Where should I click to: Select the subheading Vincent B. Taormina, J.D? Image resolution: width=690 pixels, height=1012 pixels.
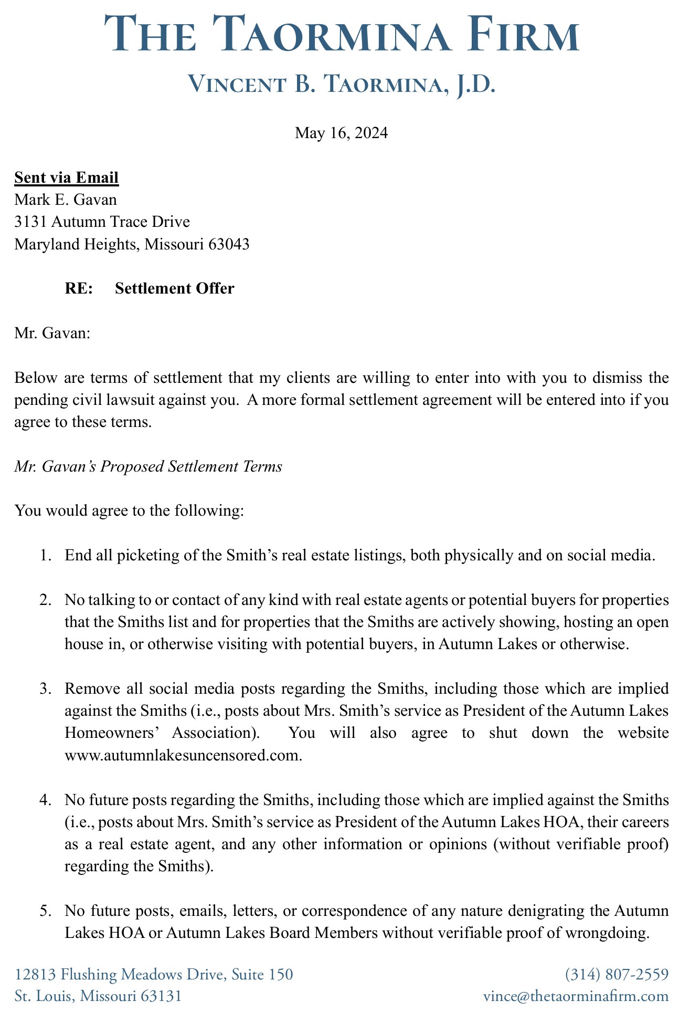pos(342,85)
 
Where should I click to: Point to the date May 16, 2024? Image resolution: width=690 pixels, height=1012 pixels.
pos(342,132)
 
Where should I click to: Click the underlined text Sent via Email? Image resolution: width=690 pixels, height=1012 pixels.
pos(67,178)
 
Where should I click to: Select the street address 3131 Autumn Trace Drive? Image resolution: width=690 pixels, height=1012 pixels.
pos(102,222)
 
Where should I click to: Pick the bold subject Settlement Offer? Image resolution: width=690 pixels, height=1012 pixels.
pos(174,288)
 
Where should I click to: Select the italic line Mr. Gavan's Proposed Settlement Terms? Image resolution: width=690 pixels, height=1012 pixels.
pos(148,466)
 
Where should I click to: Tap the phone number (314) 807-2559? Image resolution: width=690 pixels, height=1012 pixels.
pos(617,974)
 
